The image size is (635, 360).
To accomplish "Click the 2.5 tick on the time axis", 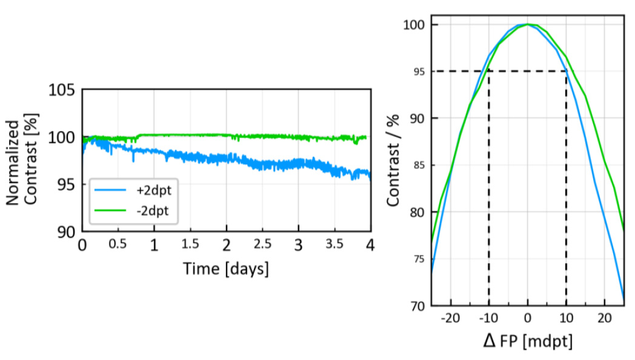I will pyautogui.click(x=262, y=245).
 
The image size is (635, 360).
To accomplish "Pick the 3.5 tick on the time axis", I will pyautogui.click(x=334, y=245).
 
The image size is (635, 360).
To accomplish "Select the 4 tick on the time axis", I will pyautogui.click(x=370, y=245).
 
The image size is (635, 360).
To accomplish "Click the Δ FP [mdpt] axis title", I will pyautogui.click(x=527, y=341).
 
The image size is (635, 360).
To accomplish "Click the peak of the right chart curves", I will pyautogui.click(x=528, y=24).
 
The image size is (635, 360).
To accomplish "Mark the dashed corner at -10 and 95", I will pyautogui.click(x=489, y=72).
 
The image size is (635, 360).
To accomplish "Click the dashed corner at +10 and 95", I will pyautogui.click(x=567, y=72).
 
